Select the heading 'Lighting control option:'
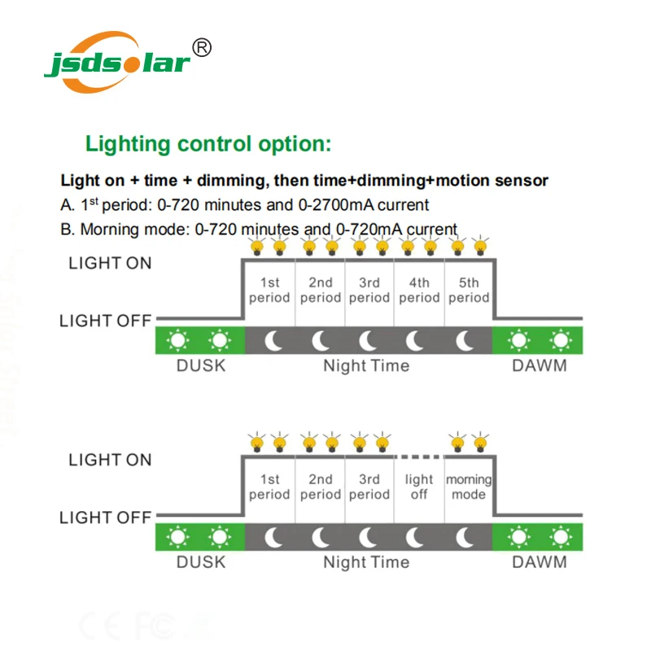[209, 145]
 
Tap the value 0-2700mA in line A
[362, 205]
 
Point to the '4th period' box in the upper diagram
[419, 290]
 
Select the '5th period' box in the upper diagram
[469, 290]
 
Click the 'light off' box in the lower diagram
[419, 487]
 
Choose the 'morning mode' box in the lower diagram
[469, 487]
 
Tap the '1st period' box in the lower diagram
[269, 487]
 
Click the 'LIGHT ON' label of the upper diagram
[110, 263]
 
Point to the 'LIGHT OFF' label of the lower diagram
[106, 518]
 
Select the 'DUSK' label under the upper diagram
[201, 365]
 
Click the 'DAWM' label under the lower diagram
[540, 562]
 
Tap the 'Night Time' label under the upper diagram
[366, 365]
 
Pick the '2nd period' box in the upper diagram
[321, 290]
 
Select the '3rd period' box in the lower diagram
[369, 487]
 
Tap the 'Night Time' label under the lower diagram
[366, 562]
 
